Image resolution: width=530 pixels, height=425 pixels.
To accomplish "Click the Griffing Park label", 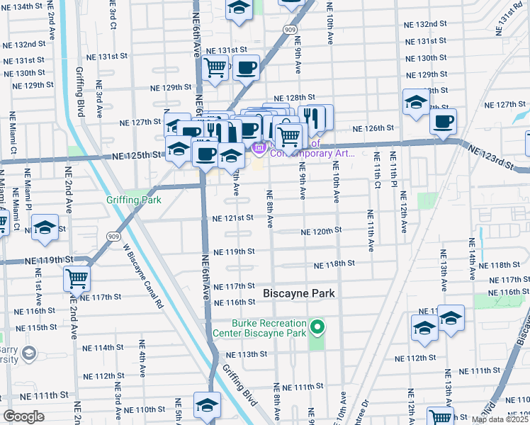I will (x=134, y=200).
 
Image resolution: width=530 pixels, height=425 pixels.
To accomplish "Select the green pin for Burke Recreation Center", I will (x=318, y=329).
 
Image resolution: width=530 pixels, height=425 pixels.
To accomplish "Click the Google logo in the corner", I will (x=24, y=416).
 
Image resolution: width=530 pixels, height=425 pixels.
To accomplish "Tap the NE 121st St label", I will (x=232, y=219).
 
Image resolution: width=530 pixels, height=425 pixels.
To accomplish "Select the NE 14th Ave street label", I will (x=472, y=256).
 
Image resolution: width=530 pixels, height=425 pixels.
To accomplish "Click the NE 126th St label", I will (x=374, y=128).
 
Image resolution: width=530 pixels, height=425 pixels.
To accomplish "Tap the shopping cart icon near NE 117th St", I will (x=77, y=278).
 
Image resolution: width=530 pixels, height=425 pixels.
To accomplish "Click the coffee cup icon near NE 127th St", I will (x=443, y=120).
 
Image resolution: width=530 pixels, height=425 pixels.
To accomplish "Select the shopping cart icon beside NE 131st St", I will (x=214, y=68).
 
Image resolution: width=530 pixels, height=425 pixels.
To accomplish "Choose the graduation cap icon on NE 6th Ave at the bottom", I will (x=207, y=404).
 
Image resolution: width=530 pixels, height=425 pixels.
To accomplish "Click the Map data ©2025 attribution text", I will (x=500, y=419).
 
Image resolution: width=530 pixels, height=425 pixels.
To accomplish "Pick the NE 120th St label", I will (x=321, y=231).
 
